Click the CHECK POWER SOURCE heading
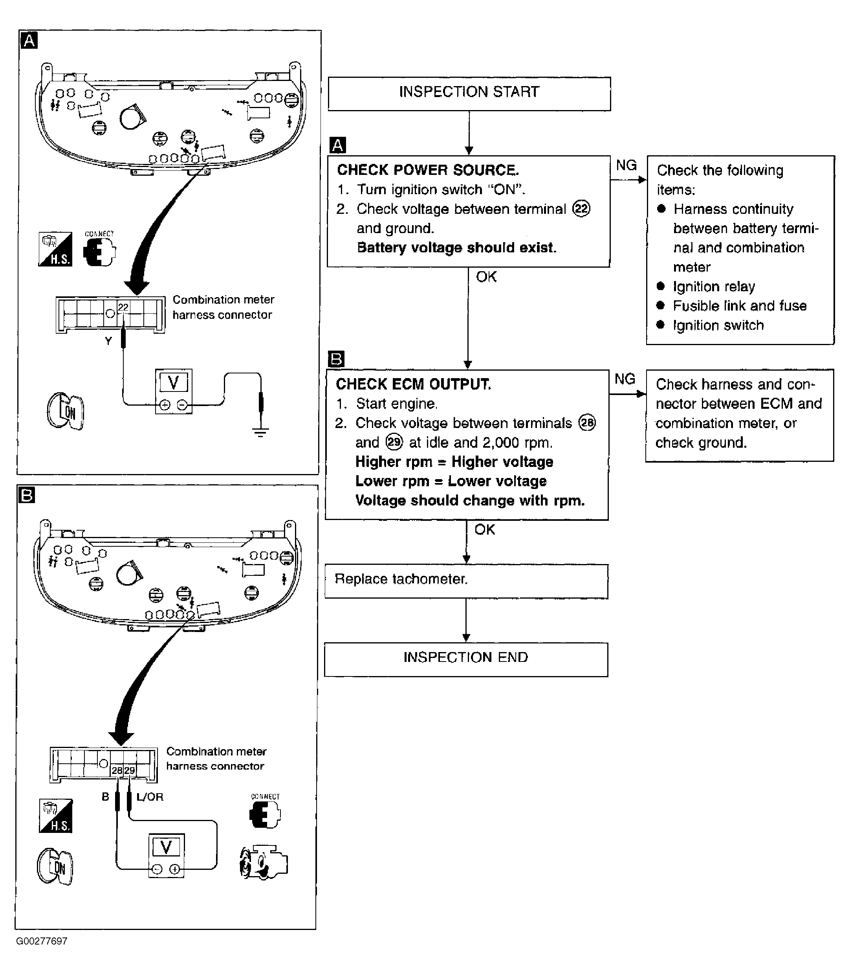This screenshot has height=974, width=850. (x=427, y=170)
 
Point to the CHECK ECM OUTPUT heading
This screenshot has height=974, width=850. (x=413, y=384)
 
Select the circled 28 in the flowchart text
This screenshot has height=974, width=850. (x=587, y=423)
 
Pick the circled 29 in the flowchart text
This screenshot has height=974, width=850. (x=394, y=442)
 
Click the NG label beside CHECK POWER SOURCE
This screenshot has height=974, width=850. (x=626, y=165)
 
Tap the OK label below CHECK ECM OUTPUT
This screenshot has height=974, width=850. (x=484, y=529)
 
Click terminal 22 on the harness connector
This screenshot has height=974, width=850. (x=123, y=308)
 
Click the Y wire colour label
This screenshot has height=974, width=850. (x=108, y=341)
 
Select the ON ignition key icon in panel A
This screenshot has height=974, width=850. (x=66, y=411)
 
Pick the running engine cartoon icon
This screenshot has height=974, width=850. (x=263, y=862)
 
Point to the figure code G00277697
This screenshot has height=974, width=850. (x=42, y=941)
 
